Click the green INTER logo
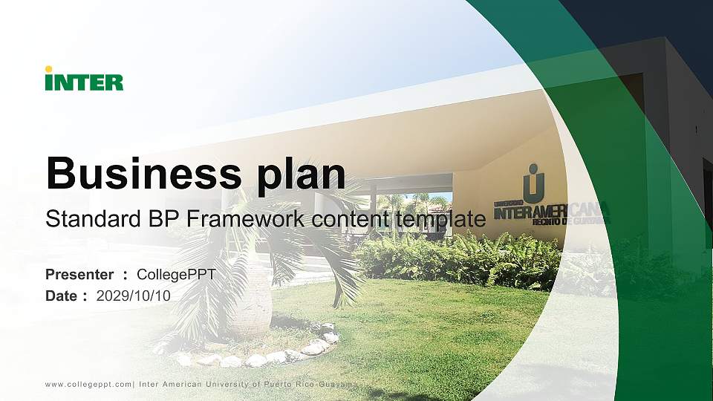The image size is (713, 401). click(84, 80)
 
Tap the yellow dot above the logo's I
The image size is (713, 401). click(48, 69)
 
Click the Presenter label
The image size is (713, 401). click(79, 275)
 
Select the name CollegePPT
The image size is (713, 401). click(177, 275)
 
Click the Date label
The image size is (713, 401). click(62, 296)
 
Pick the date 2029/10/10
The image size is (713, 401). click(134, 296)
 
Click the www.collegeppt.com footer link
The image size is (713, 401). click(89, 384)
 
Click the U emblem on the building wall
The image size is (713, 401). click(533, 183)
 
